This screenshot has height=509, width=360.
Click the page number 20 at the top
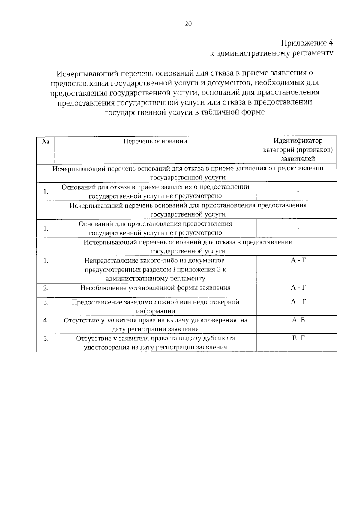(188, 24)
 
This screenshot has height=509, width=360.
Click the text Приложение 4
(307, 43)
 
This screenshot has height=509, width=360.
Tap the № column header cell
(46, 141)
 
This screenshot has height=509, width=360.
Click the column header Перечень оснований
(155, 141)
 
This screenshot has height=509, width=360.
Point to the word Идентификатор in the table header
(298, 141)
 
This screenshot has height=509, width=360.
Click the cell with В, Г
(298, 338)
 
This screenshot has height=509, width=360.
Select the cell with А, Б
(298, 320)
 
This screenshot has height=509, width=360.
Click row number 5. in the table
(46, 339)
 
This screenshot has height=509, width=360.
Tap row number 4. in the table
(46, 320)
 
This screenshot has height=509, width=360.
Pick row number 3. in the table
(46, 302)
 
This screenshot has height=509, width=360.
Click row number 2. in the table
(46, 288)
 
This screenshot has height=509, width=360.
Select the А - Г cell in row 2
(298, 288)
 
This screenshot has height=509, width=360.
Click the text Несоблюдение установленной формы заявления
(155, 288)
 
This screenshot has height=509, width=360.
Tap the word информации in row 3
(155, 311)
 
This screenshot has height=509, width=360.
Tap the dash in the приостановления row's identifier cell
(298, 228)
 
